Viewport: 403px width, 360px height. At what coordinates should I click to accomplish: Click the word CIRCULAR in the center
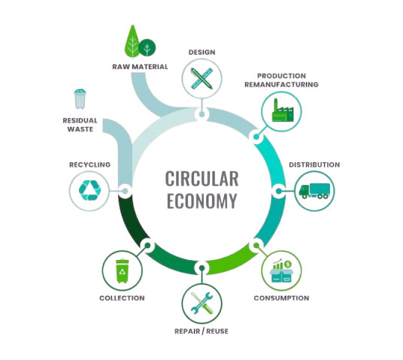pyautogui.click(x=201, y=179)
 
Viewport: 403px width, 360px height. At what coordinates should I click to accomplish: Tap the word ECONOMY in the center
pyautogui.click(x=201, y=201)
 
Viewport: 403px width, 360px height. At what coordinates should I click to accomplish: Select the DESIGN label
pyautogui.click(x=201, y=52)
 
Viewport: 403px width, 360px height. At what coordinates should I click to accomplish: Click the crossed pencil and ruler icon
pyautogui.click(x=201, y=78)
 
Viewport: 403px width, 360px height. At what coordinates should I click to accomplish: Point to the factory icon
pyautogui.click(x=282, y=110)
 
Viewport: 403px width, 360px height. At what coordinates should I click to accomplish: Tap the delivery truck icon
pyautogui.click(x=314, y=191)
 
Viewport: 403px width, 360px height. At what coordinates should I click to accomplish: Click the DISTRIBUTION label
pyautogui.click(x=314, y=165)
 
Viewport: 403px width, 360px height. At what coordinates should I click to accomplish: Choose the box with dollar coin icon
pyautogui.click(x=281, y=270)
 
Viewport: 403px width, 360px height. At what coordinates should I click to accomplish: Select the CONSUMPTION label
pyautogui.click(x=281, y=298)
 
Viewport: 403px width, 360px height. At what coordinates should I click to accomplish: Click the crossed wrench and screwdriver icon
pyautogui.click(x=201, y=303)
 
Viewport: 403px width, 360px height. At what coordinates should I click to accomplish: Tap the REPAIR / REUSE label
pyautogui.click(x=201, y=331)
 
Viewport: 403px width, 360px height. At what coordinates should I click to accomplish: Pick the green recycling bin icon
pyautogui.click(x=123, y=271)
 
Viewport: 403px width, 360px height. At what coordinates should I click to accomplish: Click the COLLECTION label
pyautogui.click(x=122, y=298)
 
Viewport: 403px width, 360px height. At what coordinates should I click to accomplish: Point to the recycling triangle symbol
pyautogui.click(x=89, y=190)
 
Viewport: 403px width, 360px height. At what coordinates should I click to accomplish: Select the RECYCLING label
pyautogui.click(x=89, y=165)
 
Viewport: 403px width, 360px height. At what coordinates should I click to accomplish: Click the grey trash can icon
pyautogui.click(x=80, y=99)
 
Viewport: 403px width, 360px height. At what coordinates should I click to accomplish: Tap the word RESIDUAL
pyautogui.click(x=80, y=120)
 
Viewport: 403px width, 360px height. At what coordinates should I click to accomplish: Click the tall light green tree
pyautogui.click(x=132, y=41)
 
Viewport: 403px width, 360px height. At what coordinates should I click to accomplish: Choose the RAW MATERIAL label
pyautogui.click(x=140, y=67)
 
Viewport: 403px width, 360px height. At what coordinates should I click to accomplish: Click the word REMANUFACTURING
pyautogui.click(x=281, y=84)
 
